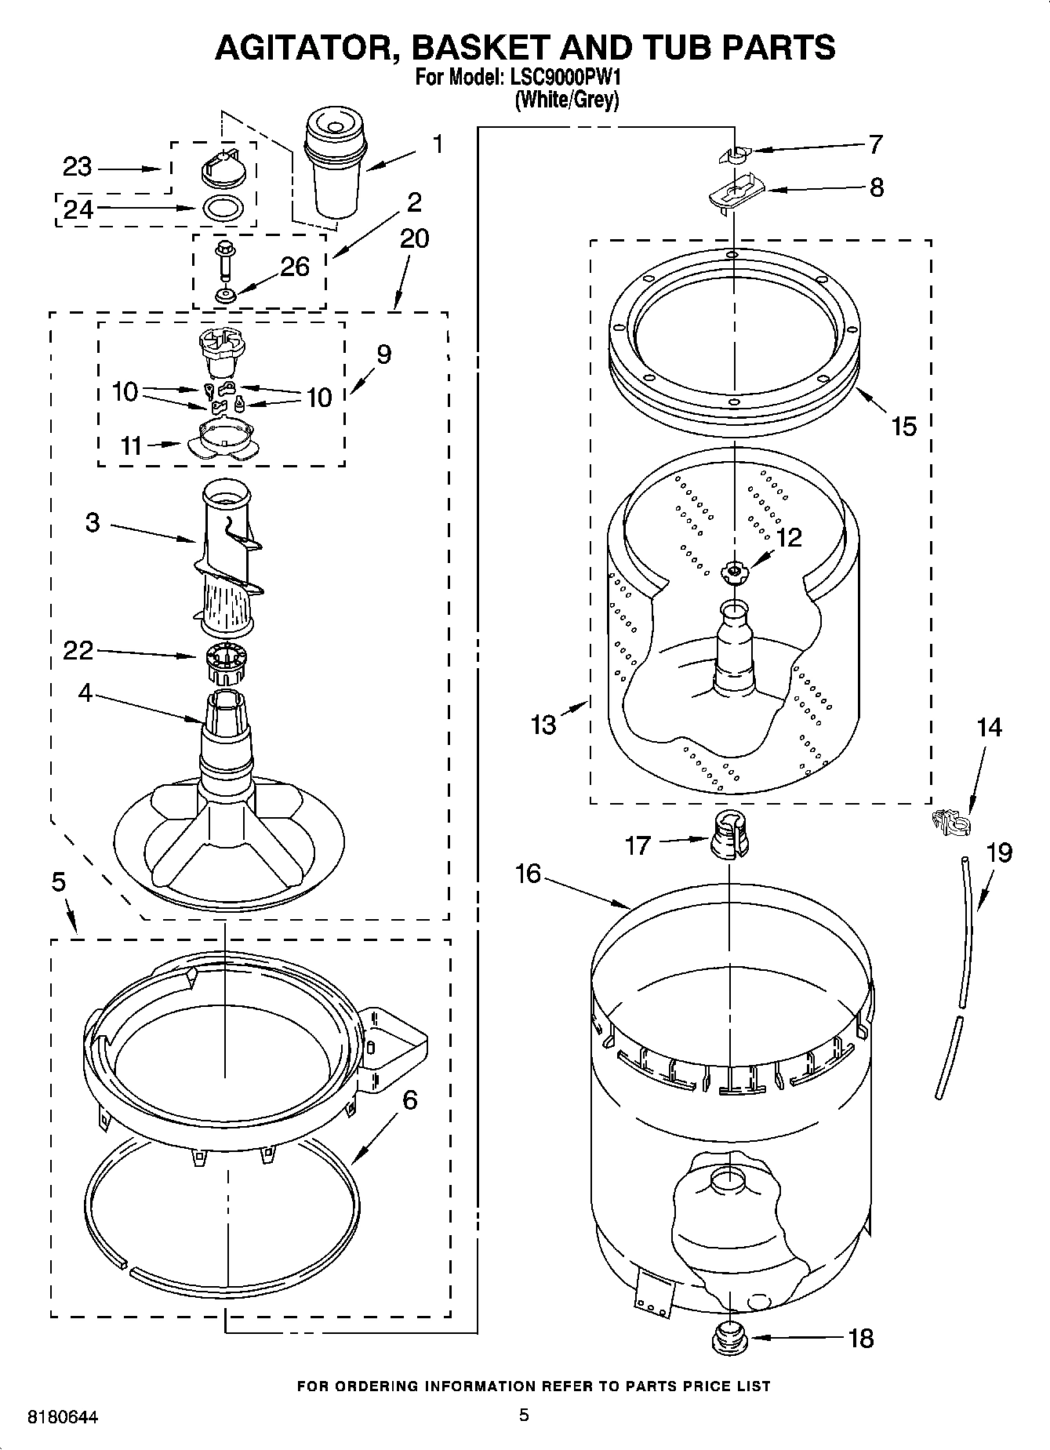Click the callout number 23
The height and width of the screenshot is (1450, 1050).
coord(77,167)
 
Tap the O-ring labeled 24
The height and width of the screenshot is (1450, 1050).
coord(223,209)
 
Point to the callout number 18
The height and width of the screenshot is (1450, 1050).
coord(860,1339)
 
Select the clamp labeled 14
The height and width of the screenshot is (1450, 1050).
coord(951,821)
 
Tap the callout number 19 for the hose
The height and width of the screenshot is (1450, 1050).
coord(999,852)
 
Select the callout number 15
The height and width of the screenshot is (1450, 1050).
coord(903,427)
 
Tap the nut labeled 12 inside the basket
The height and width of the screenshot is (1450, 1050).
coord(734,572)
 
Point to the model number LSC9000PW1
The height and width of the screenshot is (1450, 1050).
coord(566,78)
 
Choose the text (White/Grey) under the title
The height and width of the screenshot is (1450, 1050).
coord(566,100)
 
